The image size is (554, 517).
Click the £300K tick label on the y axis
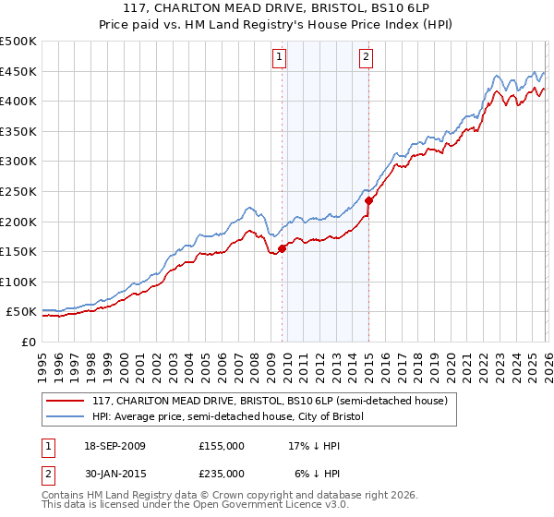18,162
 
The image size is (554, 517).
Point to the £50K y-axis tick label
21,312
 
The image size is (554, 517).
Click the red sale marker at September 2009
283,247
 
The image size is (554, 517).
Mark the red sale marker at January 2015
369,199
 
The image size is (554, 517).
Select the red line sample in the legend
66,401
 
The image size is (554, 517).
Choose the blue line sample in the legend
66,416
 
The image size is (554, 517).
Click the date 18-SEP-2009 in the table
118,446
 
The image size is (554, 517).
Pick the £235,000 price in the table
222,474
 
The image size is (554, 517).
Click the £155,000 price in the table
222,446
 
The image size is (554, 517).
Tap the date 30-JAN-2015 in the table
118,474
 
